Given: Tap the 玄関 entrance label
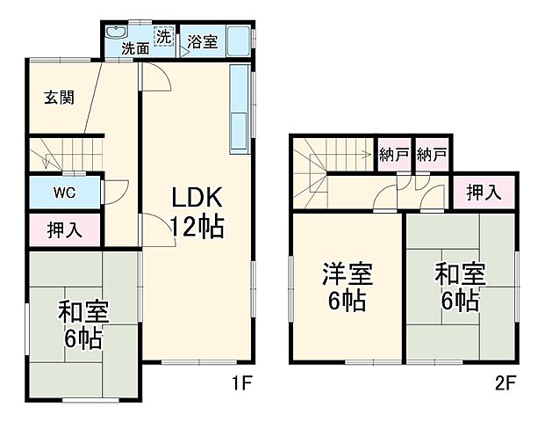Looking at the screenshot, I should (x=59, y=98).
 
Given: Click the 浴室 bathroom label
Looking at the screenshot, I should (x=202, y=43).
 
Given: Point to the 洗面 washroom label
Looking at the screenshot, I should (x=135, y=48).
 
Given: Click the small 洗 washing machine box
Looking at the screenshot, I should (x=164, y=37).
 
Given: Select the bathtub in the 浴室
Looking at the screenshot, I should (x=237, y=40).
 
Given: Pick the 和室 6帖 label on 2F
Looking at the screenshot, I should (x=459, y=287).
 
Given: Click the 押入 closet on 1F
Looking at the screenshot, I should (x=65, y=230).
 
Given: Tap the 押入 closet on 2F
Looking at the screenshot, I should (x=484, y=192).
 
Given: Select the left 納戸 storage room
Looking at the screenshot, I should (x=395, y=156).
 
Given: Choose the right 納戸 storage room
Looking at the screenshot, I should (x=432, y=156).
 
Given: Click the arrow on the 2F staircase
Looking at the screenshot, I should (x=351, y=156).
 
